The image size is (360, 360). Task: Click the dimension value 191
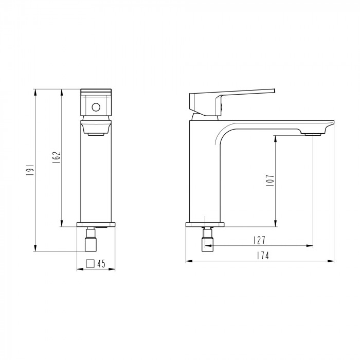30,170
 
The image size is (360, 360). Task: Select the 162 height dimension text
57,157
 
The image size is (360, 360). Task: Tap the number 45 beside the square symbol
101,264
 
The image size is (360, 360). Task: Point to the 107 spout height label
271,180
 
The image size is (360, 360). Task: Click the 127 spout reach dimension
259,240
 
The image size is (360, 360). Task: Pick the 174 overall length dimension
263,256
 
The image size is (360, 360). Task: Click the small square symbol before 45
90,263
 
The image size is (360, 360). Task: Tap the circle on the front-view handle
96,107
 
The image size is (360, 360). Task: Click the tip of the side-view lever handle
275,91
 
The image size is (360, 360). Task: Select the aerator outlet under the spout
313,134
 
